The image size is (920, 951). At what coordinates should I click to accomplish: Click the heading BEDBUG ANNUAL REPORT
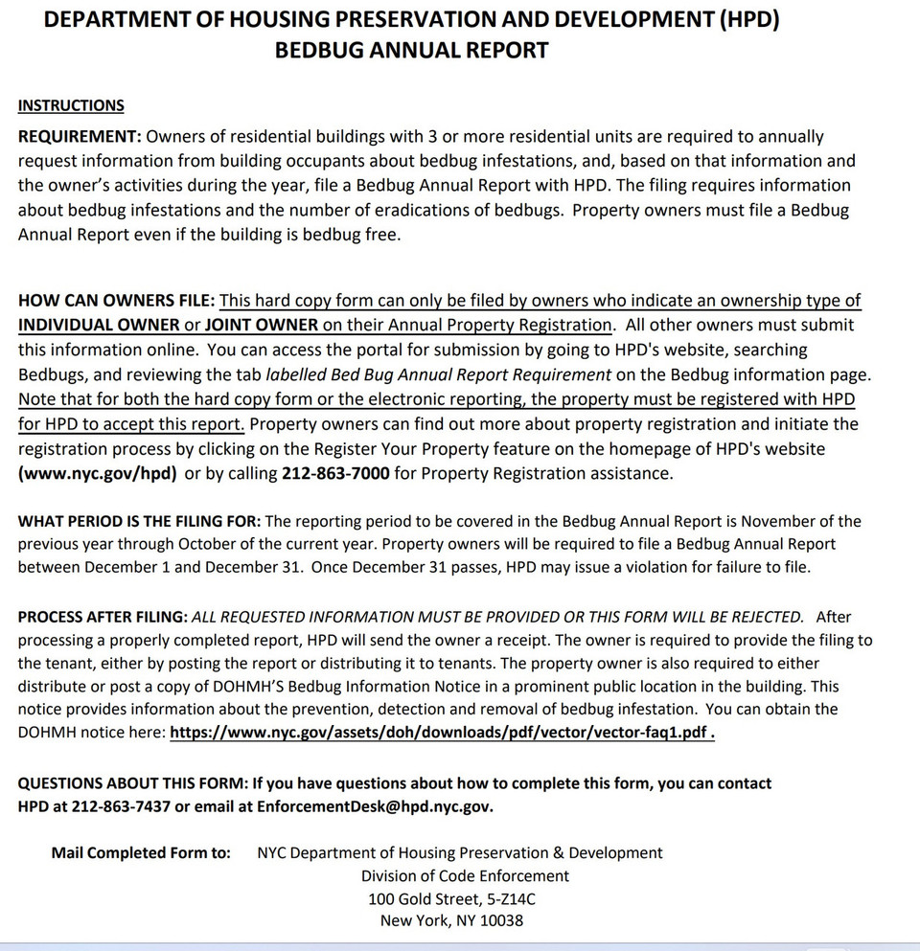[411, 51]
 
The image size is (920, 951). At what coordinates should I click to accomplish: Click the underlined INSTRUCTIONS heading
[71, 105]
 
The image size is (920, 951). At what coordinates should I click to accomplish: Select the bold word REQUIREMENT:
[80, 137]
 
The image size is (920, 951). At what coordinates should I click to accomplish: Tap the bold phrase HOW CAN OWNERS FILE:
[116, 301]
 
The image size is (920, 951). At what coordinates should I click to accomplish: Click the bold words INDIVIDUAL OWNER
[99, 325]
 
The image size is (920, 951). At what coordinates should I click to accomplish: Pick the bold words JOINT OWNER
[261, 325]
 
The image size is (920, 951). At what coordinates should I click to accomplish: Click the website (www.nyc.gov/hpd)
[97, 473]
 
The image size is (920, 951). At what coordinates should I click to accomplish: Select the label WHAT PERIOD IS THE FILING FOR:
[139, 522]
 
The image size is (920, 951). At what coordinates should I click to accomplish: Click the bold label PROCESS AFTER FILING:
[103, 618]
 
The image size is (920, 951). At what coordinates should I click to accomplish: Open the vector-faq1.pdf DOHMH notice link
[442, 734]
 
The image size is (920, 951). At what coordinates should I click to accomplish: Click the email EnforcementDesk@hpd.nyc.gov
[375, 806]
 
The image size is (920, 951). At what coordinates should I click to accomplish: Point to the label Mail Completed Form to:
[141, 853]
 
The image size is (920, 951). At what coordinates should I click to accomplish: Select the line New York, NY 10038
[451, 921]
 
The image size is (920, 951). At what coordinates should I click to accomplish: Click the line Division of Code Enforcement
[465, 876]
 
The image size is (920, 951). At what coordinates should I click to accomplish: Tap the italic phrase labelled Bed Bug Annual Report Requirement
[439, 374]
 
